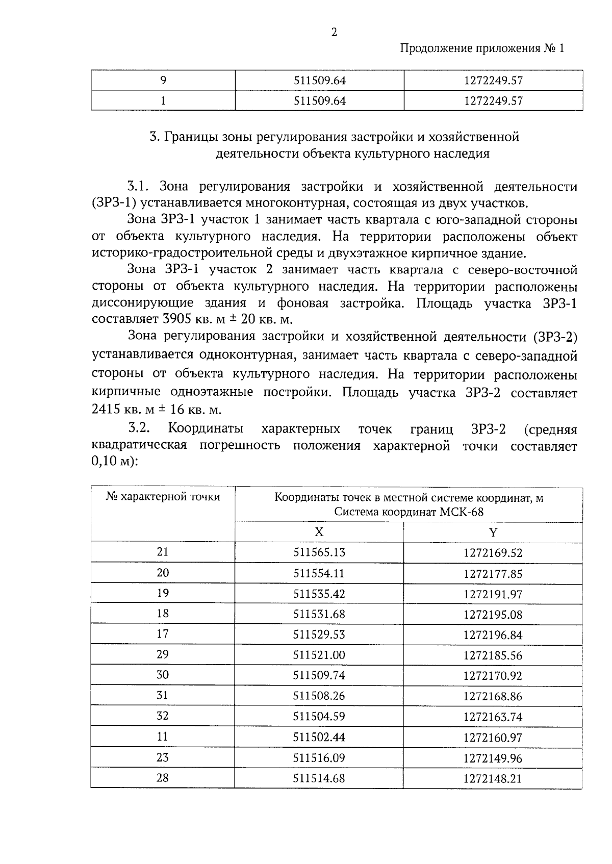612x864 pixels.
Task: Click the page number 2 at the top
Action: pos(334,33)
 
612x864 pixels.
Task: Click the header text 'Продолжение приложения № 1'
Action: pos(482,49)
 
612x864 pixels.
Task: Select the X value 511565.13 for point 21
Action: pos(319,552)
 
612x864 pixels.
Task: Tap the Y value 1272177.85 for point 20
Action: pos(493,574)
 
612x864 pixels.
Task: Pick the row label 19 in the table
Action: pos(163,593)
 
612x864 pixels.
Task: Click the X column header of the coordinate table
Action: pos(319,532)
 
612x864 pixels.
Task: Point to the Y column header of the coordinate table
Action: pos(493,532)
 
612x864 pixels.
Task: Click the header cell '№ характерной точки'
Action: pos(163,497)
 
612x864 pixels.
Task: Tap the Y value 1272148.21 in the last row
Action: pos(493,779)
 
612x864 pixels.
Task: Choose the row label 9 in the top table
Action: pos(163,81)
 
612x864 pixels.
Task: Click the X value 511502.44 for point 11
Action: pos(319,738)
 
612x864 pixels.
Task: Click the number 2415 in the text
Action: pos(106,410)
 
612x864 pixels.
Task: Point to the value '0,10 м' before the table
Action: pos(110,463)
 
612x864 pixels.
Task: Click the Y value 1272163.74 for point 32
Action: pos(493,717)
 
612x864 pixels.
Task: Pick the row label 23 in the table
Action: pos(163,758)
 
